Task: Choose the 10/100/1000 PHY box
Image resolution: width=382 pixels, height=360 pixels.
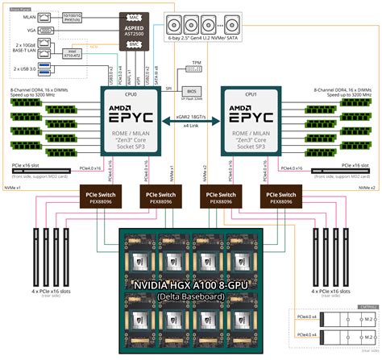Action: [x=71, y=16]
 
